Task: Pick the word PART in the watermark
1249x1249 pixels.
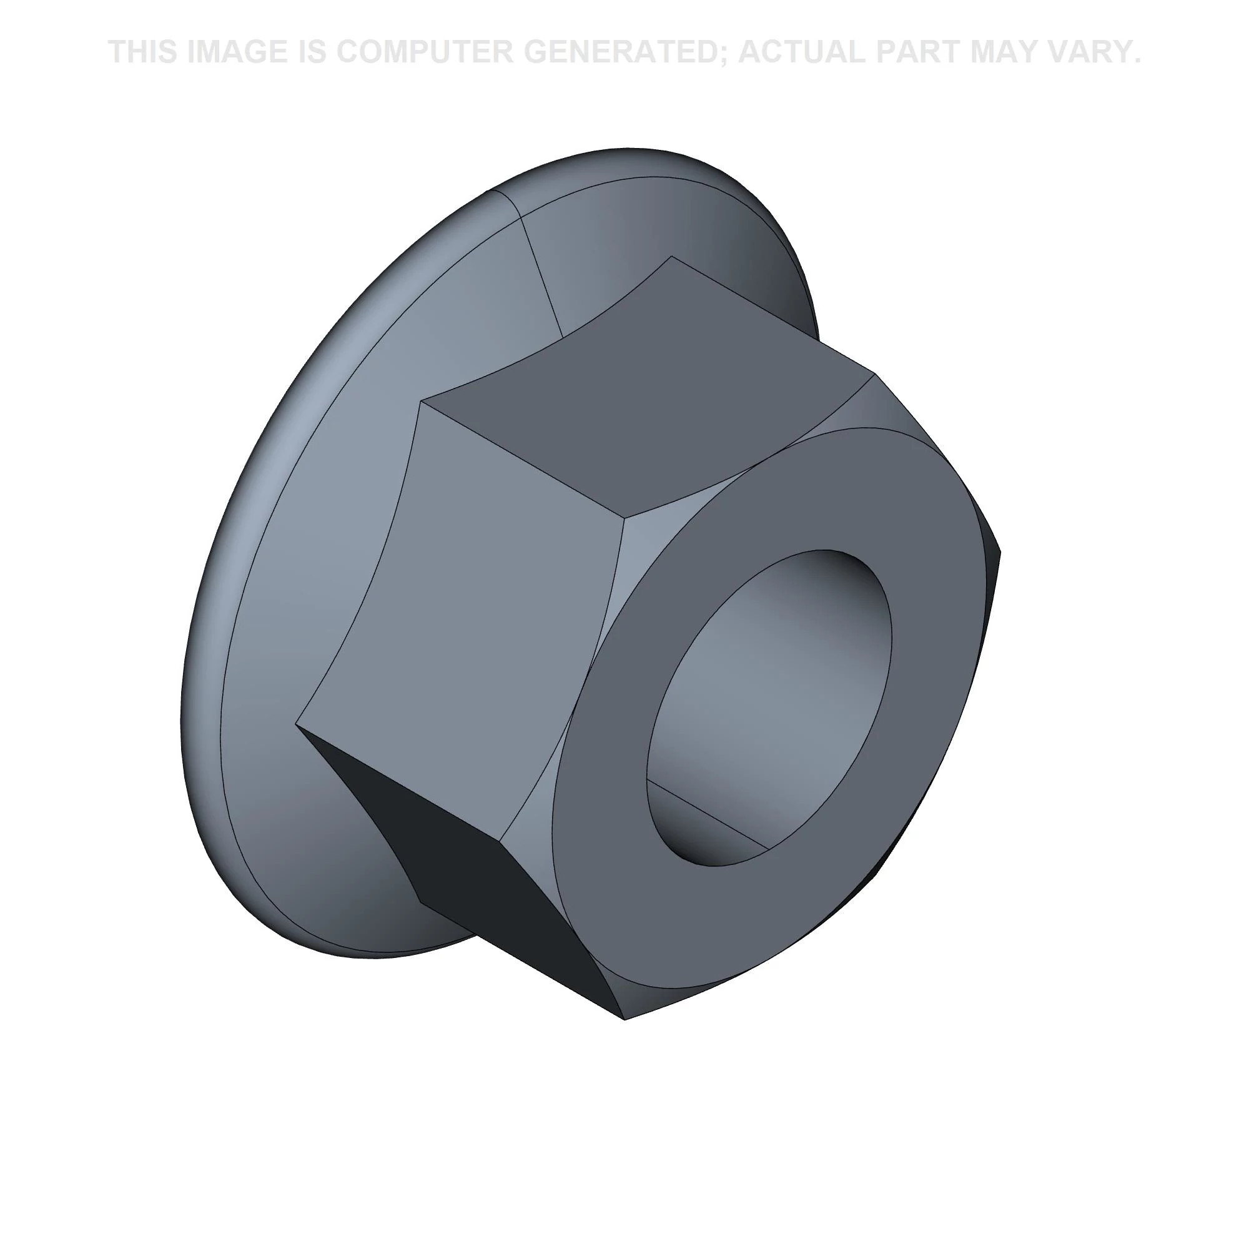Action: click(933, 52)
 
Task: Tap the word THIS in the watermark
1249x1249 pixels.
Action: click(144, 52)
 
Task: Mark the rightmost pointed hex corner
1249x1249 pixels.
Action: click(999, 551)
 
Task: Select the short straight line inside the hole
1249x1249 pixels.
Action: click(708, 814)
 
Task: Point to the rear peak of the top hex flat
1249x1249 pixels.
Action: click(672, 257)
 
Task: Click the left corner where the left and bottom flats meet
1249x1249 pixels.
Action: click(297, 723)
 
